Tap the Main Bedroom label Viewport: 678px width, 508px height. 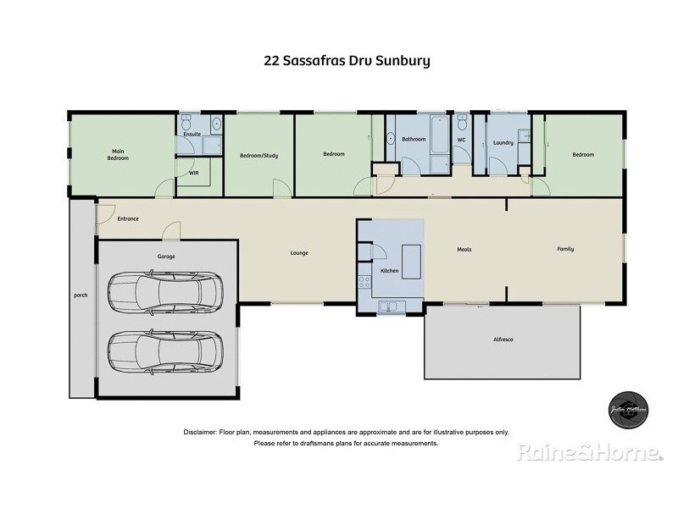pos(117,154)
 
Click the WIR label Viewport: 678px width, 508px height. pos(193,172)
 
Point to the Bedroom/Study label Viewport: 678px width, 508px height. pos(258,156)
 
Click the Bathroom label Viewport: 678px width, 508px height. pos(414,139)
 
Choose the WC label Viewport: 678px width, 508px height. pos(461,140)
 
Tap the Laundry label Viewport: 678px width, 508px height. pos(503,142)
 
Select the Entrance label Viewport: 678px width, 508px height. pos(128,218)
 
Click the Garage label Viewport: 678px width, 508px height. pos(165,256)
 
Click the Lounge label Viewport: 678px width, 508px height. pos(298,252)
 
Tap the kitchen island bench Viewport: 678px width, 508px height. pos(411,262)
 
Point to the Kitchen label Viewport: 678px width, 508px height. pos(389,271)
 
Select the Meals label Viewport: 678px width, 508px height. pos(464,250)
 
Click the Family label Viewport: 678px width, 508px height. pos(564,249)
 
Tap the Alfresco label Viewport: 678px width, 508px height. pos(503,339)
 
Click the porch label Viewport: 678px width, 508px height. pos(81,295)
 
